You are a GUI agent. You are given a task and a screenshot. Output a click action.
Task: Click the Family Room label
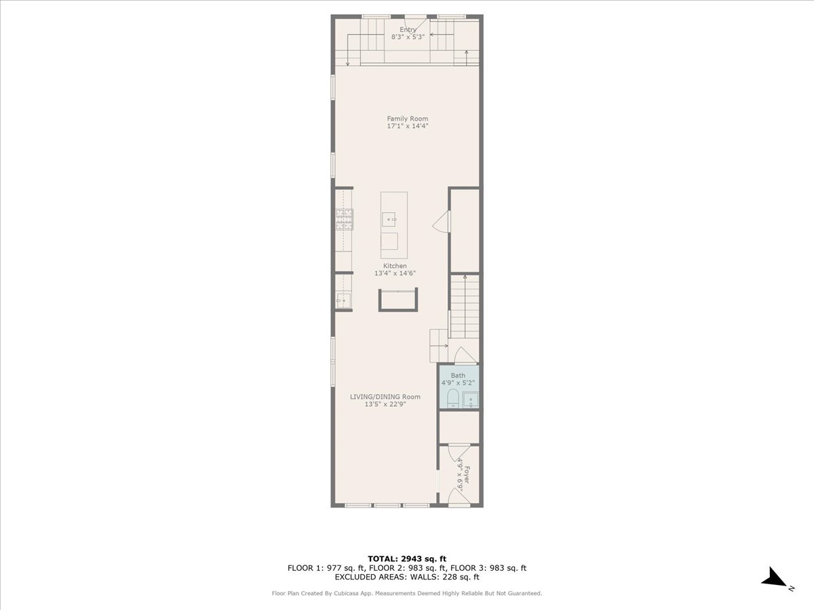(408, 119)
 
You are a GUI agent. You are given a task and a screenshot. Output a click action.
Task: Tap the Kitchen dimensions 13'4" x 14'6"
(395, 273)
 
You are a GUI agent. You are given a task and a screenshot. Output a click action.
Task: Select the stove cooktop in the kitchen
(344, 219)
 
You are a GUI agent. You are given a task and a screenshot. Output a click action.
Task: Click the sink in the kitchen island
(389, 219)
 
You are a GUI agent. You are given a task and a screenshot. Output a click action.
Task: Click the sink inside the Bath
(470, 400)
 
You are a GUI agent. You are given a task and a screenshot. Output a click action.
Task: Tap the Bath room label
(459, 375)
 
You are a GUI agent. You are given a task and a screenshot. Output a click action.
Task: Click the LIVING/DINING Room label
(385, 396)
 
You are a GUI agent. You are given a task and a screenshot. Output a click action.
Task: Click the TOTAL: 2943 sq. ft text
(407, 558)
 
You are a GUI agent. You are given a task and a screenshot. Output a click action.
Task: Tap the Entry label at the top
(408, 30)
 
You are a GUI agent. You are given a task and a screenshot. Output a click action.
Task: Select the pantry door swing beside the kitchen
(442, 222)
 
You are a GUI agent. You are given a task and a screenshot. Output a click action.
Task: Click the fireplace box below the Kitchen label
(398, 300)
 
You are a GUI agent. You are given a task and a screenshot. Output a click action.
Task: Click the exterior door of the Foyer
(459, 500)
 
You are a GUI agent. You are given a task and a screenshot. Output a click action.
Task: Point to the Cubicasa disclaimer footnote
(407, 593)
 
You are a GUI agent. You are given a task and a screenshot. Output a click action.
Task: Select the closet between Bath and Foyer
(459, 427)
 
